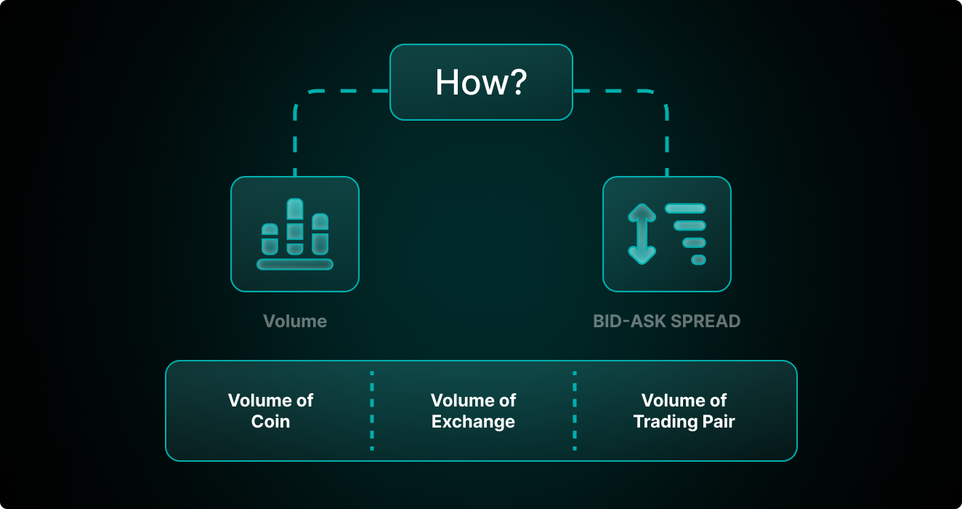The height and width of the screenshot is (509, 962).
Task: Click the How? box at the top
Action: [481, 82]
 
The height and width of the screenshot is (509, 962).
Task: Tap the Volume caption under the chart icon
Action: [295, 321]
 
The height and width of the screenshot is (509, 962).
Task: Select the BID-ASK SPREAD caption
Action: [666, 321]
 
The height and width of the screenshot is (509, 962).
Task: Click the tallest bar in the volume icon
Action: [295, 227]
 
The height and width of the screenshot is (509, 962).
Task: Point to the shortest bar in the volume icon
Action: [270, 239]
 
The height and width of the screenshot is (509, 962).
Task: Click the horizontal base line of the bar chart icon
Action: [295, 265]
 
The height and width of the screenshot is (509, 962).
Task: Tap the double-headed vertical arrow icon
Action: [642, 234]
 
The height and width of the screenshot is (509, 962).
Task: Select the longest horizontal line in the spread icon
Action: [685, 209]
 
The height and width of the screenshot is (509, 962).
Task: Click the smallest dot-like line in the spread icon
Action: [699, 260]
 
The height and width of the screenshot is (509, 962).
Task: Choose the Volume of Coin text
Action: [270, 411]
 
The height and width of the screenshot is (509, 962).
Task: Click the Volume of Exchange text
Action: [473, 411]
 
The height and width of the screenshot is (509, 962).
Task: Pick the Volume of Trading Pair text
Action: [684, 411]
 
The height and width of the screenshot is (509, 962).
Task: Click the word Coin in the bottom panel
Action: [270, 422]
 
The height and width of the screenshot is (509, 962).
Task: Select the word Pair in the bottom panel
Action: [719, 422]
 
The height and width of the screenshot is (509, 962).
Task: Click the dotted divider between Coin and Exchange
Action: [372, 411]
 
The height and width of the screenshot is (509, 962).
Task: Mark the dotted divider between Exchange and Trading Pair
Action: [575, 411]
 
